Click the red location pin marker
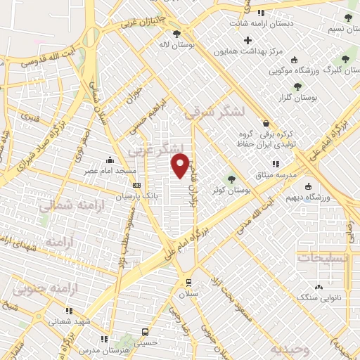click(x=181, y=166)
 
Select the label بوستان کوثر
click(x=231, y=190)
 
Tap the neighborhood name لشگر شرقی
click(x=214, y=111)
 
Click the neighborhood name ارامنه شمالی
click(x=70, y=205)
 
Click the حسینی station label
click(x=145, y=343)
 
